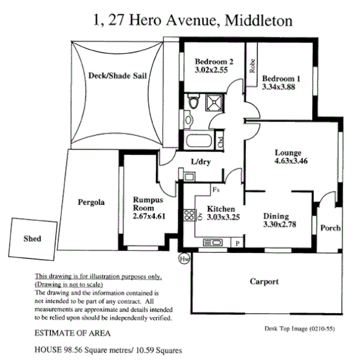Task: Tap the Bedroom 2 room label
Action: tap(214, 61)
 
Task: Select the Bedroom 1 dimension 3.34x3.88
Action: tap(281, 88)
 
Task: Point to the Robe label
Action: tap(252, 66)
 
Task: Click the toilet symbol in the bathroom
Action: tap(194, 102)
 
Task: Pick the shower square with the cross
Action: tap(215, 102)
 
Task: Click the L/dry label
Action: tap(202, 162)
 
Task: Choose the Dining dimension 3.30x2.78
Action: tap(280, 225)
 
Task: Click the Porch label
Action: tap(331, 228)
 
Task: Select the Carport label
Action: tap(265, 282)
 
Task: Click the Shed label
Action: tap(32, 238)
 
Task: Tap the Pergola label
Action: tap(91, 202)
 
